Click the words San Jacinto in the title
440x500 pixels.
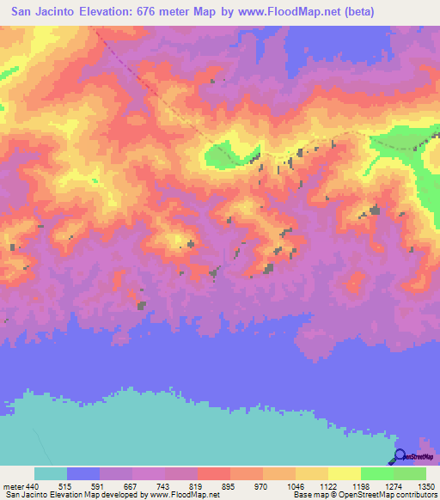[46, 12]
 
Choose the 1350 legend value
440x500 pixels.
[425, 486]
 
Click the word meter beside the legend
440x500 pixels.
[13, 486]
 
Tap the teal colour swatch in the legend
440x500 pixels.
[51, 473]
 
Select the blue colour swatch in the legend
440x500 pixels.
[83, 473]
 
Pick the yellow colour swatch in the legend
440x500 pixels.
[344, 473]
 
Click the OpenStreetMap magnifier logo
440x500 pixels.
[400, 456]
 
